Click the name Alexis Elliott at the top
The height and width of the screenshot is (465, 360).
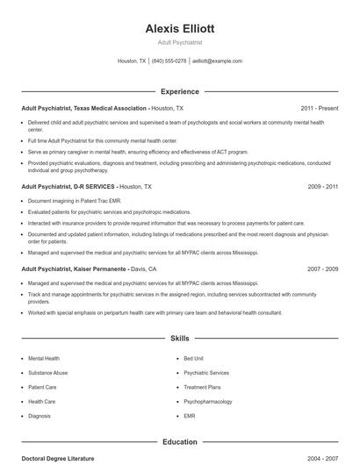point(179,28)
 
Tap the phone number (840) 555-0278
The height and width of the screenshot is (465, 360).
point(169,61)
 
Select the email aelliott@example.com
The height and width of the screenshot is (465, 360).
point(217,61)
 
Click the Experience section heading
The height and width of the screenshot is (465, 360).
point(179,91)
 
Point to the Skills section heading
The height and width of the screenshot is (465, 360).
point(179,338)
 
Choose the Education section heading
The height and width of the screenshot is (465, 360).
point(179,442)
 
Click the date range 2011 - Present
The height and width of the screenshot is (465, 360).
point(319,108)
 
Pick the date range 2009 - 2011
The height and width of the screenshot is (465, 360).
point(323,187)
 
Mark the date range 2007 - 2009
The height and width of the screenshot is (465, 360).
point(323,268)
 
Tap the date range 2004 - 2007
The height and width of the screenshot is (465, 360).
point(323,459)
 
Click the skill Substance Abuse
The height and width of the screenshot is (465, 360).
point(47,373)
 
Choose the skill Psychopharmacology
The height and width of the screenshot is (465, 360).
point(209,401)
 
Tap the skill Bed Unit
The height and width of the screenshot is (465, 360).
point(193,359)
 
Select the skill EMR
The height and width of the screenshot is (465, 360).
point(190,416)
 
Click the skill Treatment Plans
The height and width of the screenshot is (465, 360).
point(202,387)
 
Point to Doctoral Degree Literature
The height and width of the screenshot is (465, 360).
point(57,459)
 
